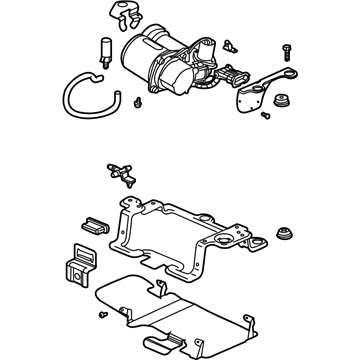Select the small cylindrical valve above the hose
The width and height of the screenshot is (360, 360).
point(103,49)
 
